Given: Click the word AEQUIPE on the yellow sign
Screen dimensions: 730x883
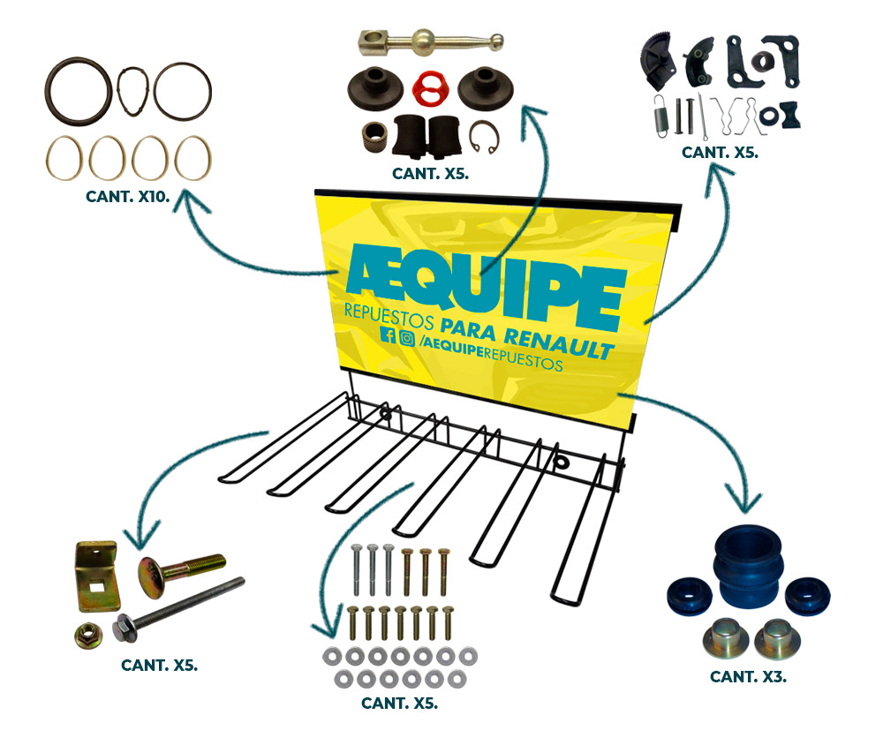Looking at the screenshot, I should point(484,278).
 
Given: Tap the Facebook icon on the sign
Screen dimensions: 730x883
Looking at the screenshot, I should point(387,335).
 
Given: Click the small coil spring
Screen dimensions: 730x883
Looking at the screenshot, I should point(659,115).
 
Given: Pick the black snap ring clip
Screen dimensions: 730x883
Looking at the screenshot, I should point(486,132).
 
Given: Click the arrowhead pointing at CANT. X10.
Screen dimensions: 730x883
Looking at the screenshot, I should point(190,205).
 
